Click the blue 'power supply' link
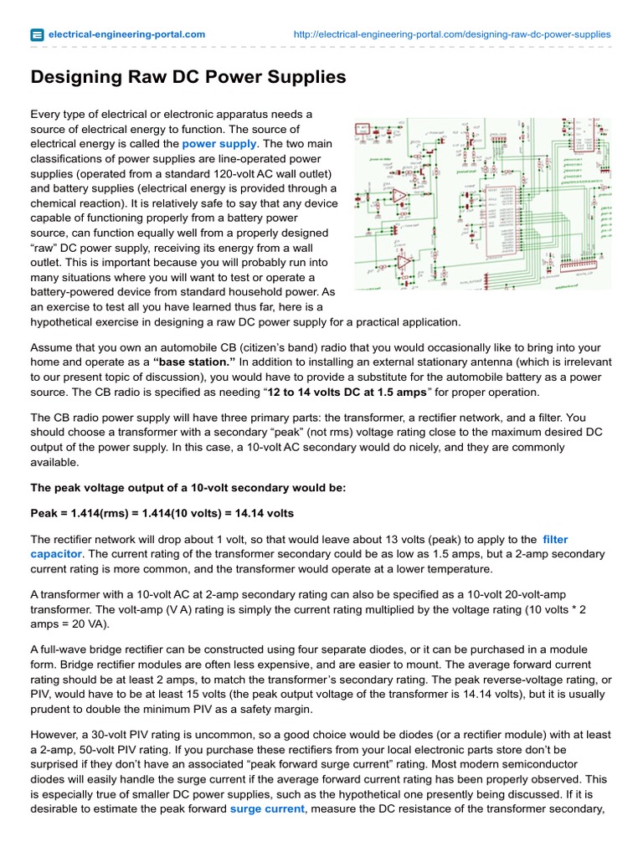213,144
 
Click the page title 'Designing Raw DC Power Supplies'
188,78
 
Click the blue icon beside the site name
37,34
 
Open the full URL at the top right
453,34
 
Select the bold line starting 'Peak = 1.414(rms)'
162,512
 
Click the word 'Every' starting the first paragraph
45,114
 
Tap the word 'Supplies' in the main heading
306,78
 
